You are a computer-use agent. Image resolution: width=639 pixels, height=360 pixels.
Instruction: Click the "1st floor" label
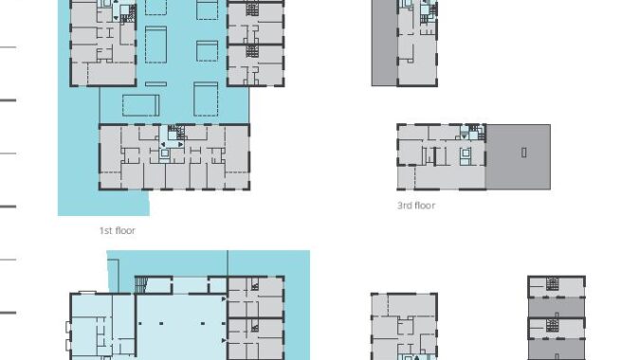click(118, 230)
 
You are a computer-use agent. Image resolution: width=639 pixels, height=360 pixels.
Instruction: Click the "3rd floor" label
click(416, 206)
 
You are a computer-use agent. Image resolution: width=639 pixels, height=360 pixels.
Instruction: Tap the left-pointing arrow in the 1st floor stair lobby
click(163, 145)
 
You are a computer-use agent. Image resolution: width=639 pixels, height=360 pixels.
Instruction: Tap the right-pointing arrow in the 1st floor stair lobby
click(180, 145)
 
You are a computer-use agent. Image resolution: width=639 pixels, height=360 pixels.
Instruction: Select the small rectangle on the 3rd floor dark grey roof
click(523, 153)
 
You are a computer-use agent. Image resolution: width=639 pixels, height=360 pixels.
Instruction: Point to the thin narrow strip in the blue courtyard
click(156, 84)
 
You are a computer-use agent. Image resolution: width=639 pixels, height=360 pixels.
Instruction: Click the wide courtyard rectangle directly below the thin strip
click(140, 105)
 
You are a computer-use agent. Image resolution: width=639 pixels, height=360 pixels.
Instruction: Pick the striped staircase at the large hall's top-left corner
click(140, 284)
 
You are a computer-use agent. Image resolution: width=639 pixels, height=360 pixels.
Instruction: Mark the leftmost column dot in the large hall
click(140, 323)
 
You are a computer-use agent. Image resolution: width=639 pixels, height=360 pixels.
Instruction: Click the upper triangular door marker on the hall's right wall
click(224, 299)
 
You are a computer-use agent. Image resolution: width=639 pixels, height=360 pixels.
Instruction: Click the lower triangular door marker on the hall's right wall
click(224, 340)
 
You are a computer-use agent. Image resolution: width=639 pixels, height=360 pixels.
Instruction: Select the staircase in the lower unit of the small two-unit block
click(552, 325)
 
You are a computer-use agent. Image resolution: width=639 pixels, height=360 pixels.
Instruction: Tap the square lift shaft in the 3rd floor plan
click(466, 153)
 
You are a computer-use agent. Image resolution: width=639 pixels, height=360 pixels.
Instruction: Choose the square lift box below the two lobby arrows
click(164, 153)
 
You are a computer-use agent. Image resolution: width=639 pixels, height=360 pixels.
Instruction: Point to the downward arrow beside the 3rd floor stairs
click(464, 136)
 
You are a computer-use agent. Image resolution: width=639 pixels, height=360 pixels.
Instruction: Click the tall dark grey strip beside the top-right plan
click(384, 43)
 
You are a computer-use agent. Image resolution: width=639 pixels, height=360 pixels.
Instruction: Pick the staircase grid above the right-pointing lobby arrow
click(176, 132)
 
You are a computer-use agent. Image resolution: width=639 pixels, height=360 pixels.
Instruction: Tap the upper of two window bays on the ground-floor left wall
click(68, 327)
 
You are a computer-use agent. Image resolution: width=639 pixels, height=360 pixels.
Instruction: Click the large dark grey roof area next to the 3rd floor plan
click(518, 156)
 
